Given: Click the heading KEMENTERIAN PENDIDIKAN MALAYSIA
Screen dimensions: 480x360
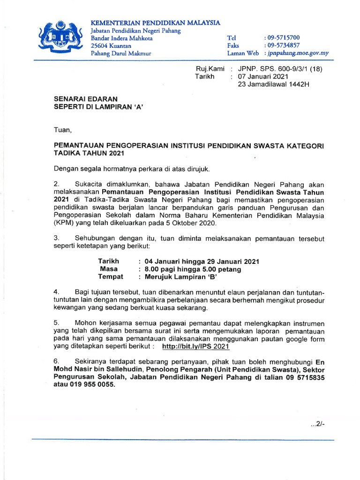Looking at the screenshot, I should tap(155, 22).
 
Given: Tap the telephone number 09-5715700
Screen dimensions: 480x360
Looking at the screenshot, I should tap(283, 37).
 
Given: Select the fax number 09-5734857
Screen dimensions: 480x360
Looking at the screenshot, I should tap(283, 45).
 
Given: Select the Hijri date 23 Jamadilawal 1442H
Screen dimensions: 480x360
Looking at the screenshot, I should tap(274, 84).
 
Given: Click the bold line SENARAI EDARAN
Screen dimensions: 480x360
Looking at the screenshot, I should tap(86, 99).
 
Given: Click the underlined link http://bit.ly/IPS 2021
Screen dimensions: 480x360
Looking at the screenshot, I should tap(195, 347).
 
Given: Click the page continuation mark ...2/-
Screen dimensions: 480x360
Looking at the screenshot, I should tap(318, 425).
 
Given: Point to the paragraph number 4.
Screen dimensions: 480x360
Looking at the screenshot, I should tap(56, 292).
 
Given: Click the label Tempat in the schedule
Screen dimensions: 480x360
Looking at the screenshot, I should tap(110, 277).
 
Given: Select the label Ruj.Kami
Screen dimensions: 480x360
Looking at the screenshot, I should tap(210, 68).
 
